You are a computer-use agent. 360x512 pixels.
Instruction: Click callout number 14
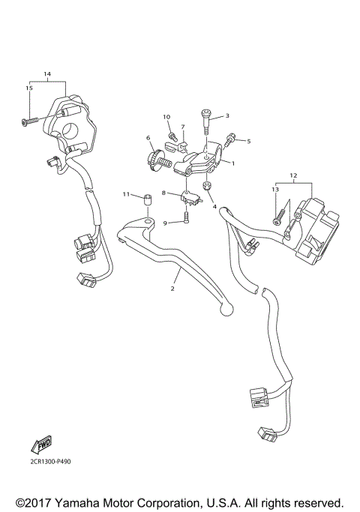tap(47, 74)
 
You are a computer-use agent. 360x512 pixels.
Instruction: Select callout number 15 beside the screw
tap(30, 88)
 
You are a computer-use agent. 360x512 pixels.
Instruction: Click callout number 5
tap(248, 141)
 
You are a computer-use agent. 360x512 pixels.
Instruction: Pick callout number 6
tap(148, 138)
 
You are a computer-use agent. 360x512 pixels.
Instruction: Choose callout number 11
tap(127, 194)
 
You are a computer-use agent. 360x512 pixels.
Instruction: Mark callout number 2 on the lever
tap(172, 288)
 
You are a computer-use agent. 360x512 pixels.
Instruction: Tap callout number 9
tap(166, 223)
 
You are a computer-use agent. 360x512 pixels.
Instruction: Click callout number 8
tap(163, 193)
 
